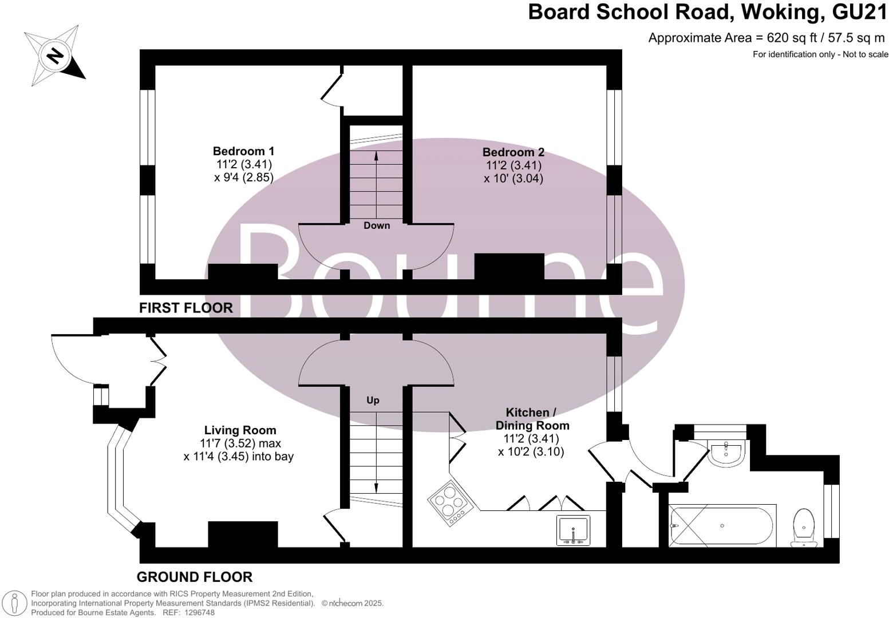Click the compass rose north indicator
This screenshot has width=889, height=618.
tap(55, 56)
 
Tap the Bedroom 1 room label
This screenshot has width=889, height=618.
tap(243, 152)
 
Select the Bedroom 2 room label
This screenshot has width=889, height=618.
tap(513, 152)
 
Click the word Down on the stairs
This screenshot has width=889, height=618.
tap(377, 225)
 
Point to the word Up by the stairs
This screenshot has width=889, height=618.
tap(373, 400)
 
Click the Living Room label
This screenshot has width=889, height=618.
tap(240, 430)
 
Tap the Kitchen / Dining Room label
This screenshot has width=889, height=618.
tap(532, 419)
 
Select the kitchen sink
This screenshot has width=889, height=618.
tap(573, 530)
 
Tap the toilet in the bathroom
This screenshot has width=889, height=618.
tap(804, 525)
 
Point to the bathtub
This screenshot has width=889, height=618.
tap(722, 525)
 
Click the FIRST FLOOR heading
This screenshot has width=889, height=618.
tap(186, 308)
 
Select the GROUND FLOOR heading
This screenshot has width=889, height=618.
tap(195, 577)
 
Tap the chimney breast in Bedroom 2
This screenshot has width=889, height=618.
tap(509, 266)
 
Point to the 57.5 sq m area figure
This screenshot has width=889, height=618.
tap(856, 38)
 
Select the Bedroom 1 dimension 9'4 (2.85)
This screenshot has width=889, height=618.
tap(243, 177)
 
